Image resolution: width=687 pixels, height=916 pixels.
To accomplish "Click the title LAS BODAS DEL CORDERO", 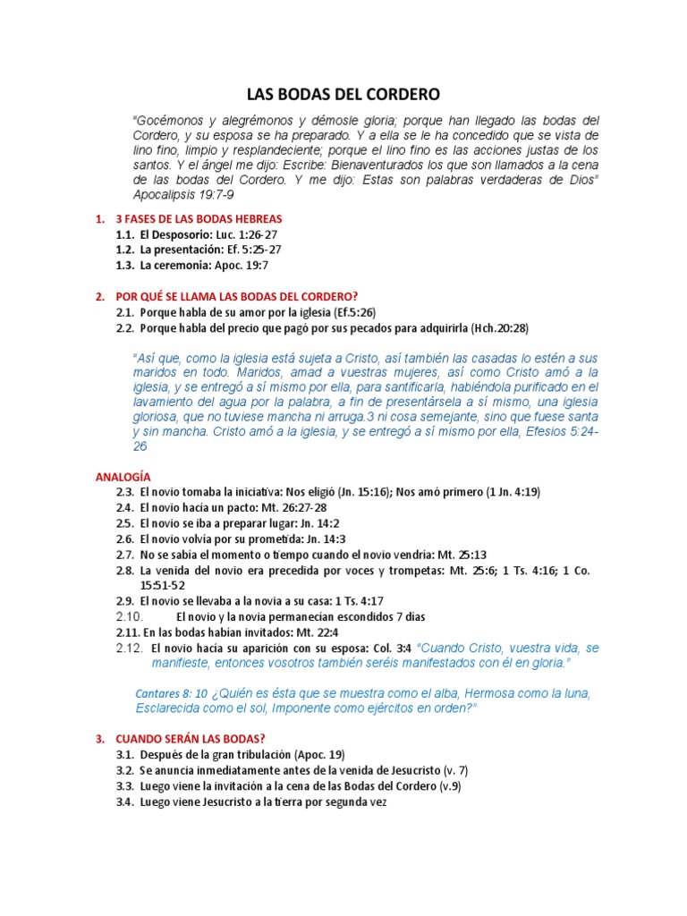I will [x=343, y=93].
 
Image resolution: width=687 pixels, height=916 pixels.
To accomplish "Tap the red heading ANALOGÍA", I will [x=123, y=477].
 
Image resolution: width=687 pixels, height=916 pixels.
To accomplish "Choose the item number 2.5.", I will [x=125, y=522].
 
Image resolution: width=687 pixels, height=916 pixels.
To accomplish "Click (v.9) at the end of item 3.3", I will [x=446, y=785].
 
